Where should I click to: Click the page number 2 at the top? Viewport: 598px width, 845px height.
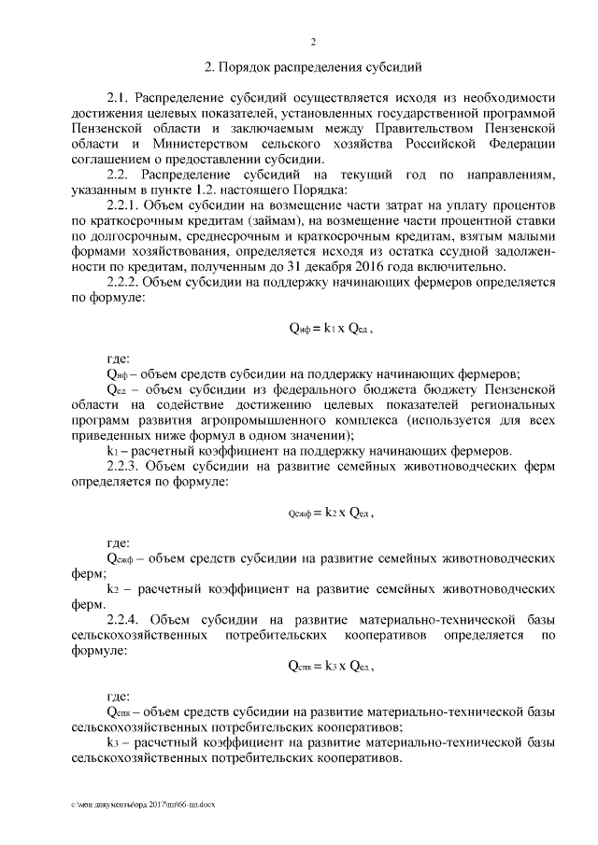pyautogui.click(x=314, y=42)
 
